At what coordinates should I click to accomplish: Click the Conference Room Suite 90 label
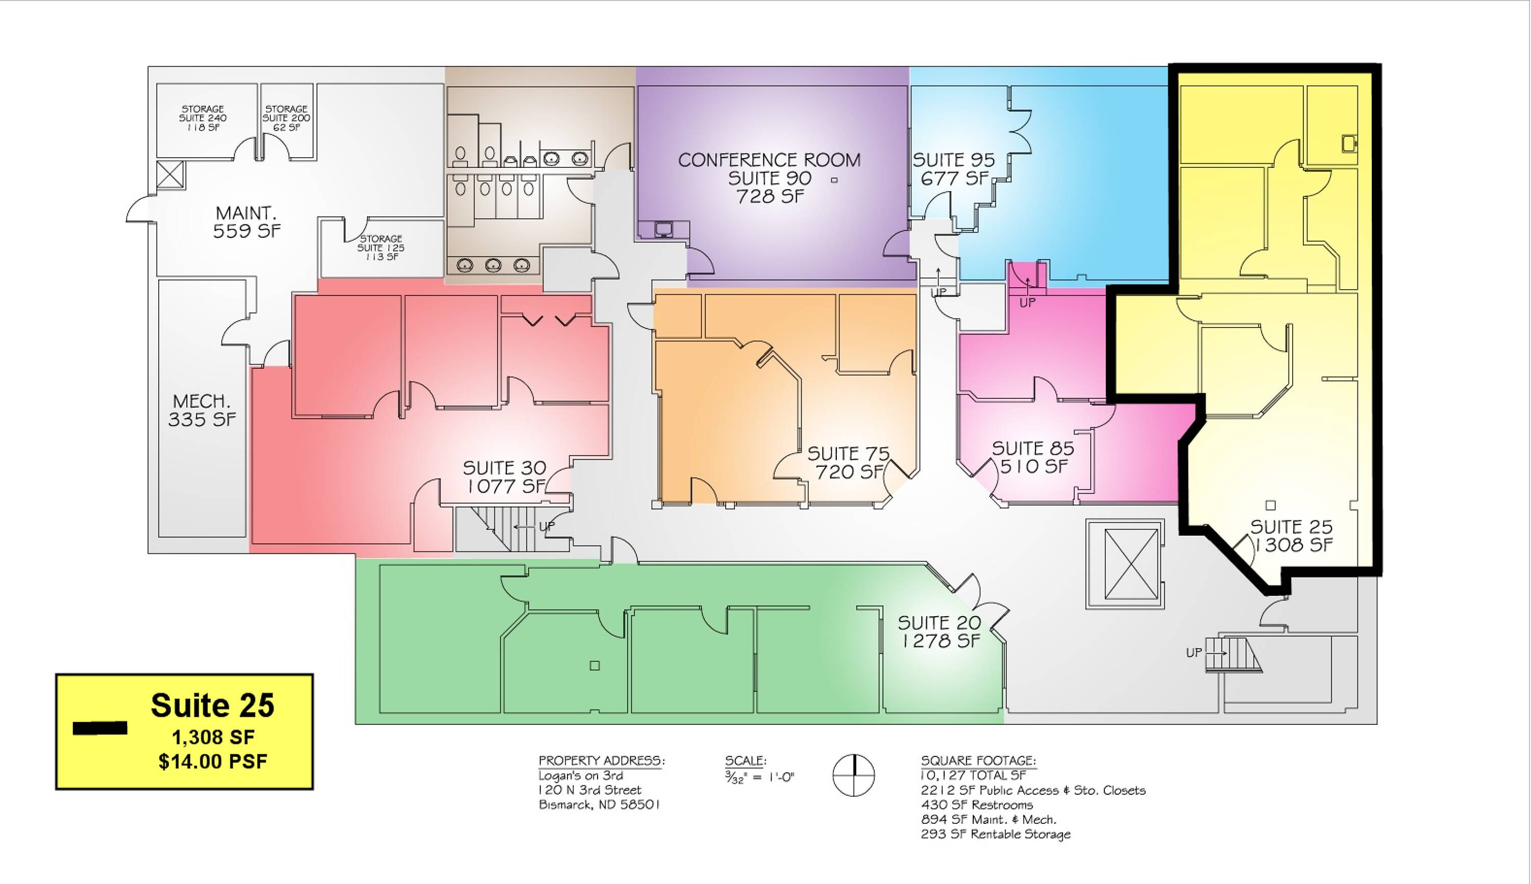(x=770, y=178)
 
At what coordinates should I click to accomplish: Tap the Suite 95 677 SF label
(x=954, y=169)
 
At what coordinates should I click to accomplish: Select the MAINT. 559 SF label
(x=246, y=222)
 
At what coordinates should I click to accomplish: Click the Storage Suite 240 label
(x=203, y=118)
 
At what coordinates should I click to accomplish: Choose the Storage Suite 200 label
(x=286, y=118)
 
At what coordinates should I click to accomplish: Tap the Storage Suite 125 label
(x=381, y=248)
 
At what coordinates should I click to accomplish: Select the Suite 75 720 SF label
(x=848, y=462)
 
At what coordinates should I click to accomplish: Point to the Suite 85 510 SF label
(x=1033, y=457)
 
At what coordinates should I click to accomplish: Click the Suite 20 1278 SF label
(x=940, y=632)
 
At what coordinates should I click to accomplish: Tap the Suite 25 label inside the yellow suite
(x=1291, y=526)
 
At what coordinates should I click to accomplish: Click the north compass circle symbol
(x=853, y=775)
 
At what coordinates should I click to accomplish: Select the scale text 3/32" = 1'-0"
(x=760, y=776)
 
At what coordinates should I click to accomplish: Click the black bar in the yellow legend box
(x=100, y=728)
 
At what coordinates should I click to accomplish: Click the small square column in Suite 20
(x=595, y=666)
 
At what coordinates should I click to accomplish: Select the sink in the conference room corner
(x=663, y=229)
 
